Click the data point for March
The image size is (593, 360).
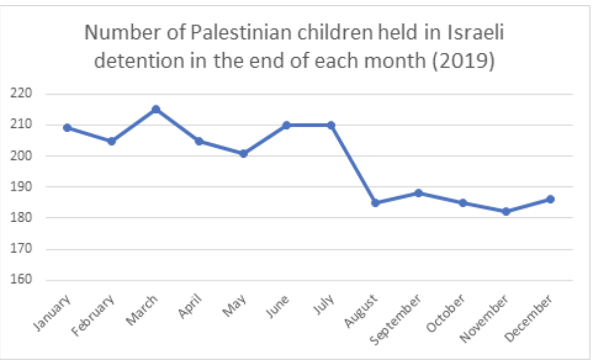156,109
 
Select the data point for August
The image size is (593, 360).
375,202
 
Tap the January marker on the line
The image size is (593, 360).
68,128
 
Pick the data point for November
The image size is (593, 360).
506,212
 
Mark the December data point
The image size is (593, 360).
550,199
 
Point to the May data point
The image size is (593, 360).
243,153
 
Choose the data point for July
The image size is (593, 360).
331,125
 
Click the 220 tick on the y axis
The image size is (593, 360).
22,94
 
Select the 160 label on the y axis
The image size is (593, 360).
22,280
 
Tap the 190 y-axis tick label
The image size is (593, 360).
22,187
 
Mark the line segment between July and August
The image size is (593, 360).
353,163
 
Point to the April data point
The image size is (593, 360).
199,141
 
